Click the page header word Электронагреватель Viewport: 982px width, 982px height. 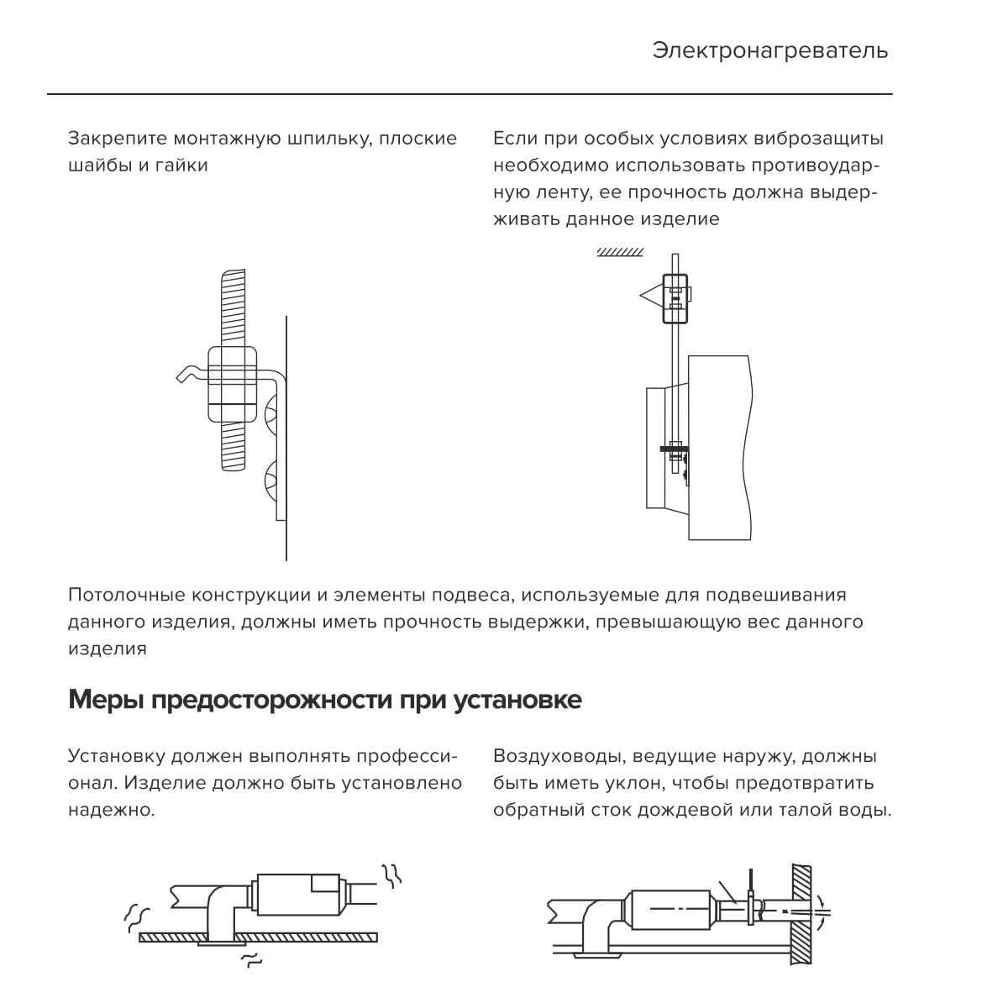pos(769,50)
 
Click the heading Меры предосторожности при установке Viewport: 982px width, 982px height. pos(324,700)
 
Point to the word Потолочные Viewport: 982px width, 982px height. pos(126,596)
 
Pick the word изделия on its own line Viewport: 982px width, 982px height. pos(107,649)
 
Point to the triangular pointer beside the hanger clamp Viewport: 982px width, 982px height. pos(652,296)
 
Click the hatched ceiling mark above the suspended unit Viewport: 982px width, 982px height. pos(620,252)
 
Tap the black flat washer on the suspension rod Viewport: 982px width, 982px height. pos(675,449)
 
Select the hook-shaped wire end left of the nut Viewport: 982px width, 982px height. pos(189,374)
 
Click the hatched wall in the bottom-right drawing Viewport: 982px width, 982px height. pos(801,916)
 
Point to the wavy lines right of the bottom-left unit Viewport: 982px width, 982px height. pos(392,875)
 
